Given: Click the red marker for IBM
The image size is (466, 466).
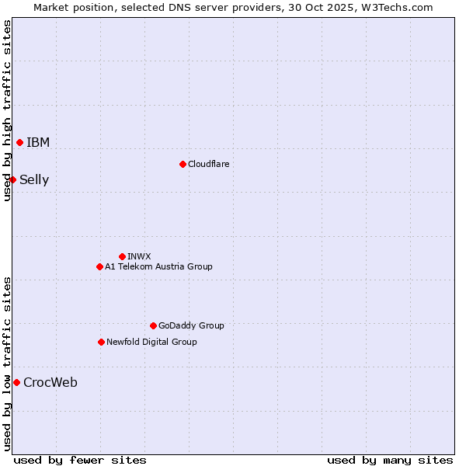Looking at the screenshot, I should pos(19,142).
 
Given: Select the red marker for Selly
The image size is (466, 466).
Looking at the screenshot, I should pos(12,179).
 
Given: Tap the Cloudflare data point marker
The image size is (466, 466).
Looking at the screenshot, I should pos(183,164).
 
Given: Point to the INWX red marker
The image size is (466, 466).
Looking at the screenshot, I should pos(122,256).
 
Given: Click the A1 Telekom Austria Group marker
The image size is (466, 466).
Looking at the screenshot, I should pos(99,266).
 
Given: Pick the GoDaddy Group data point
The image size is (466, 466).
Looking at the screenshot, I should pos(153,325).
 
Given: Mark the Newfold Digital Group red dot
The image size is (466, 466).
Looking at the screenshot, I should pos(101,342).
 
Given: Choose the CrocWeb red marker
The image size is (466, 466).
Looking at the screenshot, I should pos(16,382).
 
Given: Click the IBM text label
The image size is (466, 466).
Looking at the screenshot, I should pos(38,142).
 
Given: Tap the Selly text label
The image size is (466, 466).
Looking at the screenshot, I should pos(34,180).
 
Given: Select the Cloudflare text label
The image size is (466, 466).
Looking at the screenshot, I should pos(208,164).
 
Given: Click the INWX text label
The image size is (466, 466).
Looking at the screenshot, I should pos(139,256).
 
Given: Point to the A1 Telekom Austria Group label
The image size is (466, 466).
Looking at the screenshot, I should pos(158,266).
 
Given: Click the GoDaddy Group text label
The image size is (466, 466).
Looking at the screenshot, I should pos(191,325).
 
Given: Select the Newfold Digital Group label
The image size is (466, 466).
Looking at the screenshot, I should pos(151,342).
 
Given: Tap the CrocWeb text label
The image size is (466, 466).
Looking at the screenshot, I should pos(50,382).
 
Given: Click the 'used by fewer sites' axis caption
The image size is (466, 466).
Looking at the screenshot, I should pos(80,460).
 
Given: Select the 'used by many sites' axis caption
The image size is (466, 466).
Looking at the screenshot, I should pos(390,460).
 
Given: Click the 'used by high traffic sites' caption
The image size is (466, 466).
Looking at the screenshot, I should pos(7,110).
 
